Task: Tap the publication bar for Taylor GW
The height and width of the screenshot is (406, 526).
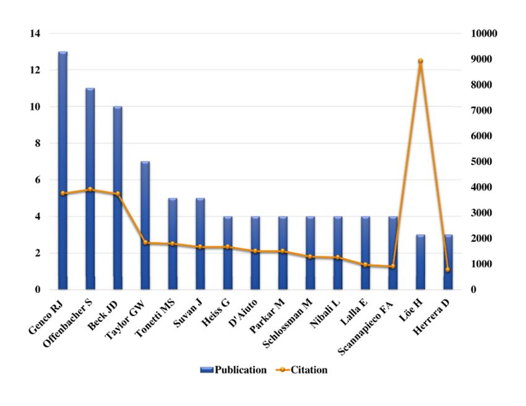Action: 145,226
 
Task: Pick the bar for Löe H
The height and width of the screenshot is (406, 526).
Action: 421,262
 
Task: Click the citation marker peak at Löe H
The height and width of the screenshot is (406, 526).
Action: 421,61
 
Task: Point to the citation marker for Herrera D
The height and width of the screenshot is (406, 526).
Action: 448,270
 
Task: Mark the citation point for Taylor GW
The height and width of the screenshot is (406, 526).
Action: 145,243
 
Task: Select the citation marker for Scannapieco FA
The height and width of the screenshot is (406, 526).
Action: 393,266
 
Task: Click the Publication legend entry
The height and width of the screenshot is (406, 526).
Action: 233,370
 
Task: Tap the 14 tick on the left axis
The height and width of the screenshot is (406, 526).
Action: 35,33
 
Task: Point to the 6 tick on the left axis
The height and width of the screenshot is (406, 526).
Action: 38,180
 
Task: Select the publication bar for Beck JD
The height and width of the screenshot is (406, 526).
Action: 118,198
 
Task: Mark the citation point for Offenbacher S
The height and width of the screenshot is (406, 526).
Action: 90,190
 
